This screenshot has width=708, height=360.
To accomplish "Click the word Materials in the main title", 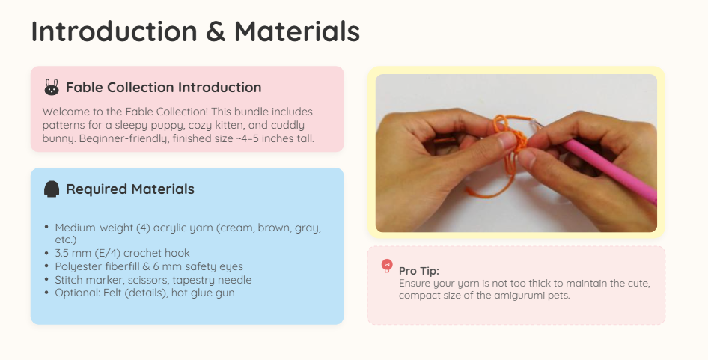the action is [297, 31].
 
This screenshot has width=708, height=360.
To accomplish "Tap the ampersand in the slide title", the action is [216, 31].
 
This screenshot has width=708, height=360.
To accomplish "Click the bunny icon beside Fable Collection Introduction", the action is [52, 87].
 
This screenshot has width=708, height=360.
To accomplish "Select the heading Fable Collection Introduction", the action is [163, 87].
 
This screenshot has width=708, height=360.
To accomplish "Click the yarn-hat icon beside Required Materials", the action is [52, 189].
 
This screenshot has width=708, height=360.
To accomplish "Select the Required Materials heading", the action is [130, 189].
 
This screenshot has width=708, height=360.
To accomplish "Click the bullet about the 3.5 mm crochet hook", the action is [122, 253].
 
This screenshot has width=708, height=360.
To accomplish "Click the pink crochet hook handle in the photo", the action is [609, 172].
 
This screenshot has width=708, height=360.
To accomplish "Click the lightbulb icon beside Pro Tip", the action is [387, 266].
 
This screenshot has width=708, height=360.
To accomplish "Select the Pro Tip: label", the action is [419, 271].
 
